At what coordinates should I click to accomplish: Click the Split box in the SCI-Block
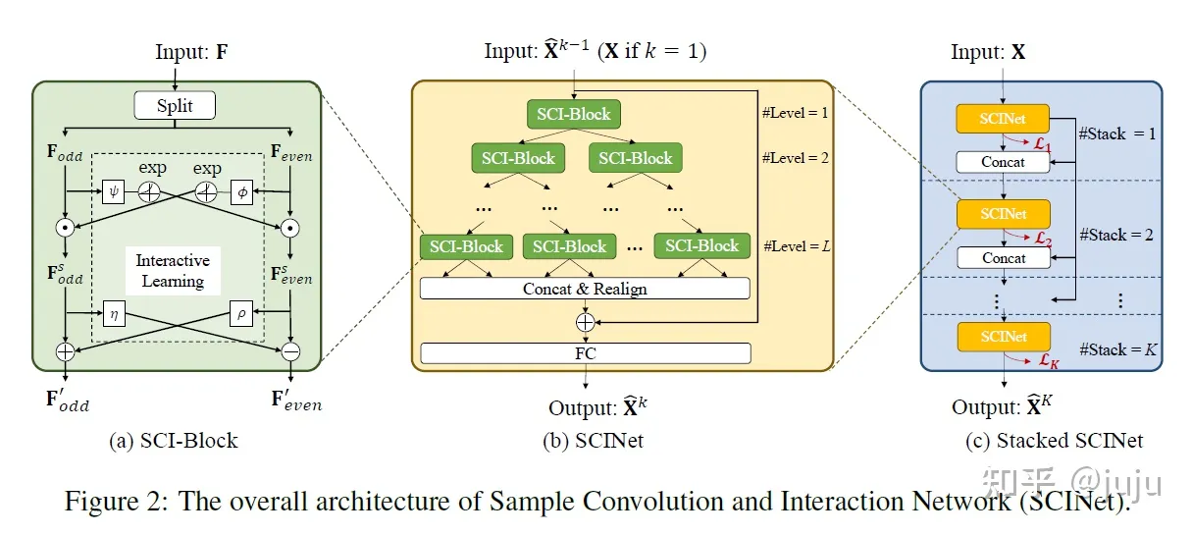(175, 106)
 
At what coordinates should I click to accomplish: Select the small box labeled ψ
(114, 192)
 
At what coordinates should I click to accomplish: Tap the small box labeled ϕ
(242, 192)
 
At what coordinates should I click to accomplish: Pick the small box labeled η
(114, 316)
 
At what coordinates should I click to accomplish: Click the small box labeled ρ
(242, 316)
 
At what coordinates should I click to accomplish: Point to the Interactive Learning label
(173, 271)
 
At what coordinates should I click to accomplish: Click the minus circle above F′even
(289, 349)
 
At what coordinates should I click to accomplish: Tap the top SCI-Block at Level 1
(574, 114)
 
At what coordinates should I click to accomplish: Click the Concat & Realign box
(585, 289)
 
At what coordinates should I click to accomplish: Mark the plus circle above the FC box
(586, 321)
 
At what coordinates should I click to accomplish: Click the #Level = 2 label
(795, 156)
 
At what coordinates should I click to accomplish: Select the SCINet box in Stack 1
(1003, 119)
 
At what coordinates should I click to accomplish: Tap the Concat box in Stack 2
(1003, 258)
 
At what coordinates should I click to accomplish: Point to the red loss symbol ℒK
(1048, 361)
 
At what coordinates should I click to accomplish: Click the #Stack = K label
(1116, 349)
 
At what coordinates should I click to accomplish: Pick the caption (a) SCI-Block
(174, 441)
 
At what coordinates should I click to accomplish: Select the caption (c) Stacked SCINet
(1054, 441)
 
